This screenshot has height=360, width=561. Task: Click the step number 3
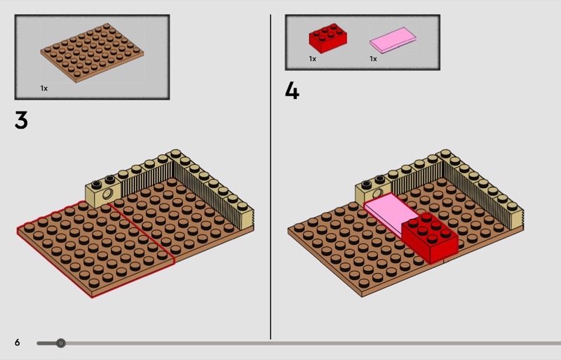(x=21, y=120)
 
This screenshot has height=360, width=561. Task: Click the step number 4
(x=292, y=91)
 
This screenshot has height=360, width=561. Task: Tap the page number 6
(x=17, y=342)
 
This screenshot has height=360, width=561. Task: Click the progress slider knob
(x=61, y=343)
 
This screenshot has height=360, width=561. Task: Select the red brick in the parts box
(x=327, y=38)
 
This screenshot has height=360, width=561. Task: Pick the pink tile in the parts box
(x=393, y=40)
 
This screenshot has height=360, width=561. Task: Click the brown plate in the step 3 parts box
(x=92, y=53)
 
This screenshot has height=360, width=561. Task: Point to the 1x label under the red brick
(x=312, y=59)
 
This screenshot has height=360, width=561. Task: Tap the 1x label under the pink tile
(x=373, y=59)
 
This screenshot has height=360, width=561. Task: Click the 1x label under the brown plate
(x=43, y=88)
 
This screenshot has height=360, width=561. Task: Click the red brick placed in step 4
(x=430, y=236)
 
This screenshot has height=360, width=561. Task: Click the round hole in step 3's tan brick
(x=107, y=194)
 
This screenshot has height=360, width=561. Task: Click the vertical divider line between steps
(x=271, y=177)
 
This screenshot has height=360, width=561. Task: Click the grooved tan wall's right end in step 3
(x=248, y=215)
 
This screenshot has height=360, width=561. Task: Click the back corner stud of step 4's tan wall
(x=445, y=154)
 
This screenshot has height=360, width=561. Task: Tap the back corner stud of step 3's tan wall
(x=175, y=154)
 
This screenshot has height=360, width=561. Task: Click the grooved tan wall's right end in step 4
(x=518, y=215)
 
